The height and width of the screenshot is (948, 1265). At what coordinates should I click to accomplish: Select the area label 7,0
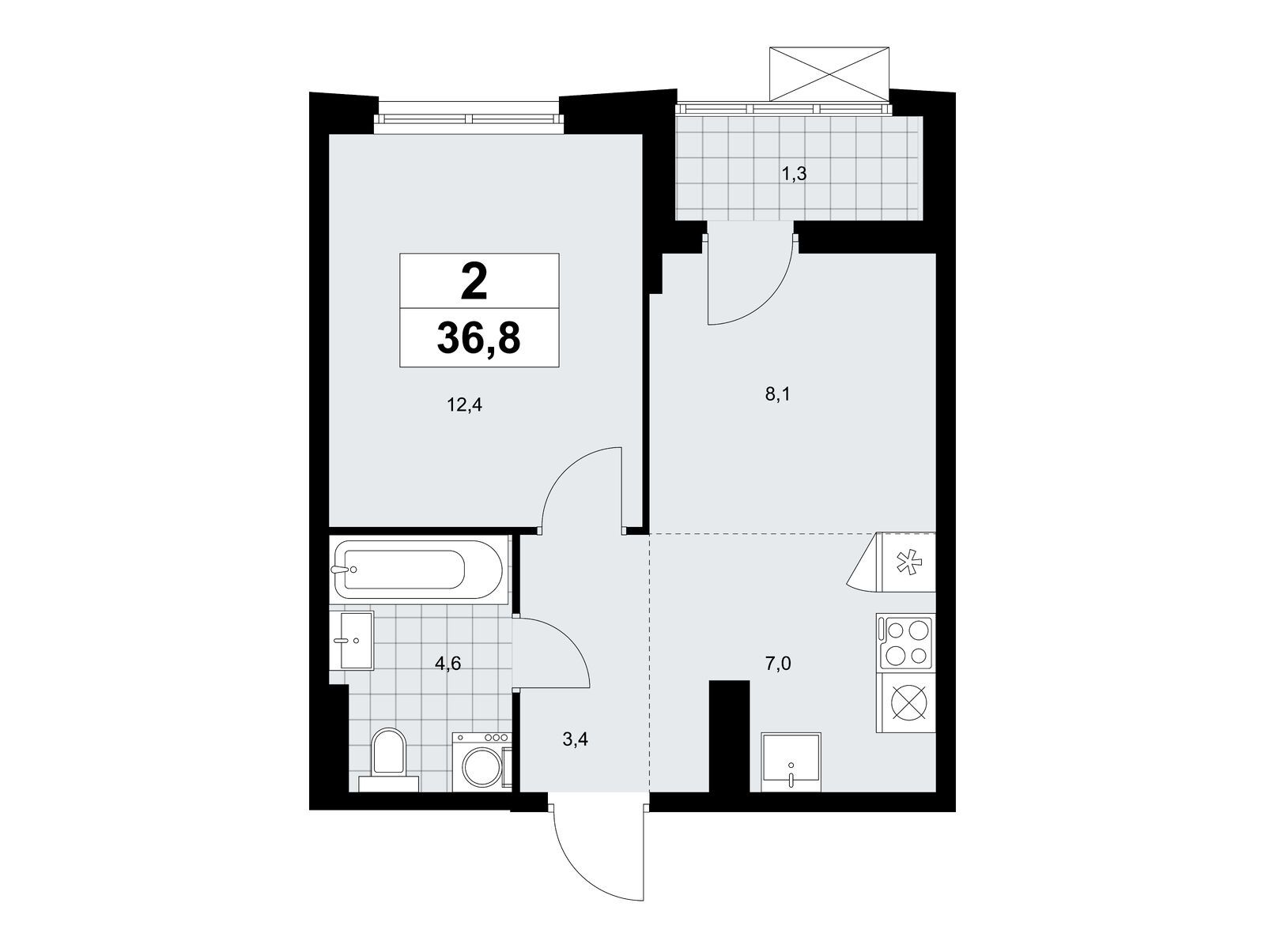pos(778,664)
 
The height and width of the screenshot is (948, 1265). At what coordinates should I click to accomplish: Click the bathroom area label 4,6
pos(447,664)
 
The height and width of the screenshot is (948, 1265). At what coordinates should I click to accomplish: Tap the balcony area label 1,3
pos(794,174)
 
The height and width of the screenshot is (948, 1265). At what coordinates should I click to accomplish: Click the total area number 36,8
pos(478,340)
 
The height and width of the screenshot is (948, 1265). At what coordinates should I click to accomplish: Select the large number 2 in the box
pos(474,283)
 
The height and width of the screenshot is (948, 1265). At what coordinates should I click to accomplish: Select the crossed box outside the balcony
pos(829,73)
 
